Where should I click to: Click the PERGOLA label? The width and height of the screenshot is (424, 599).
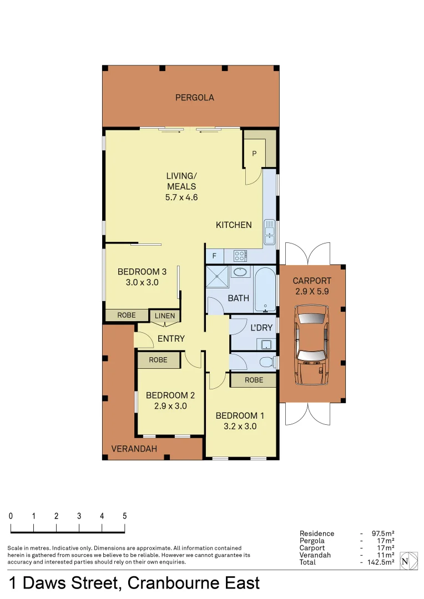194,98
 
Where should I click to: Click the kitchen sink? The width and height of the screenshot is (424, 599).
269,231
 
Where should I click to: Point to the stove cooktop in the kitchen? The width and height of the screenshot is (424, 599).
240,256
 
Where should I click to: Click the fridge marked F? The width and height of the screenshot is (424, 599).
214,256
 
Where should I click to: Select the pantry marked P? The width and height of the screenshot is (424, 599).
254,154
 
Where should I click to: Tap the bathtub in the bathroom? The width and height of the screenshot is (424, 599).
265,289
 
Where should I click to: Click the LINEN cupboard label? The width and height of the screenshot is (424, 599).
165,316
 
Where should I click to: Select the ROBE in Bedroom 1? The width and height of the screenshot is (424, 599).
254,380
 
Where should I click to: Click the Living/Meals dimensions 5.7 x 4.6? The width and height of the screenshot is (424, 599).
181,197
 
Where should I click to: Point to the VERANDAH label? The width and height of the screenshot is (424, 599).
134,449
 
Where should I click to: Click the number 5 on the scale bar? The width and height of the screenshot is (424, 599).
124,516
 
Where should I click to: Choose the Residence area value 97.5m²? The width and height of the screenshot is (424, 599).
382,534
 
